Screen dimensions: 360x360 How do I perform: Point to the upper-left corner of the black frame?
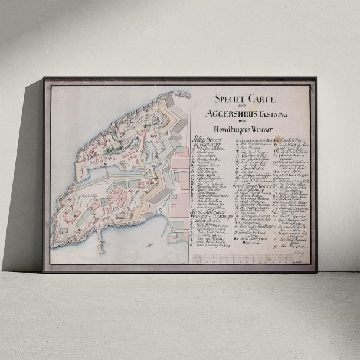tap(44, 78)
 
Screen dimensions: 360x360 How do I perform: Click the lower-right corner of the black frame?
tap(315, 272)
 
